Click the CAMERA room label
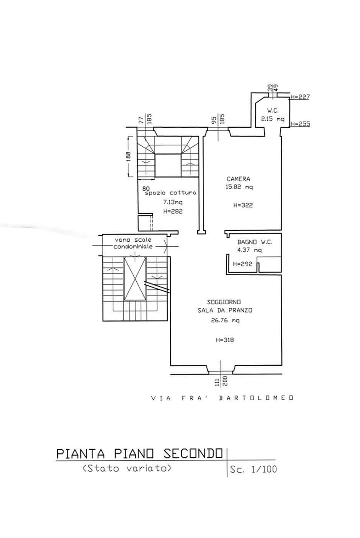click(x=238, y=179)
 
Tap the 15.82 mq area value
click(x=239, y=187)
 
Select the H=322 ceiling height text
click(x=243, y=205)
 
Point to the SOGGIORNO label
click(x=224, y=302)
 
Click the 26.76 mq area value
click(x=225, y=320)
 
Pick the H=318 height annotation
click(x=225, y=340)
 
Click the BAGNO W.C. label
click(x=255, y=242)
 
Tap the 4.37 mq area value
click(x=249, y=250)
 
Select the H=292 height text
click(x=243, y=264)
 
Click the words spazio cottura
click(x=170, y=193)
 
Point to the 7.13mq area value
click(x=173, y=202)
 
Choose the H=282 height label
click(x=173, y=211)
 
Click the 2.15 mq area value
click(x=273, y=119)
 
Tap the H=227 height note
click(x=300, y=97)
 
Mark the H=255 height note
click(x=300, y=124)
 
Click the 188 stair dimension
click(x=128, y=157)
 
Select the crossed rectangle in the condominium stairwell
click(x=135, y=279)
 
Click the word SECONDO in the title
click(x=193, y=453)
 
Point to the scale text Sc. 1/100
click(x=253, y=469)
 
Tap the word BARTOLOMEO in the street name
click(x=256, y=398)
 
